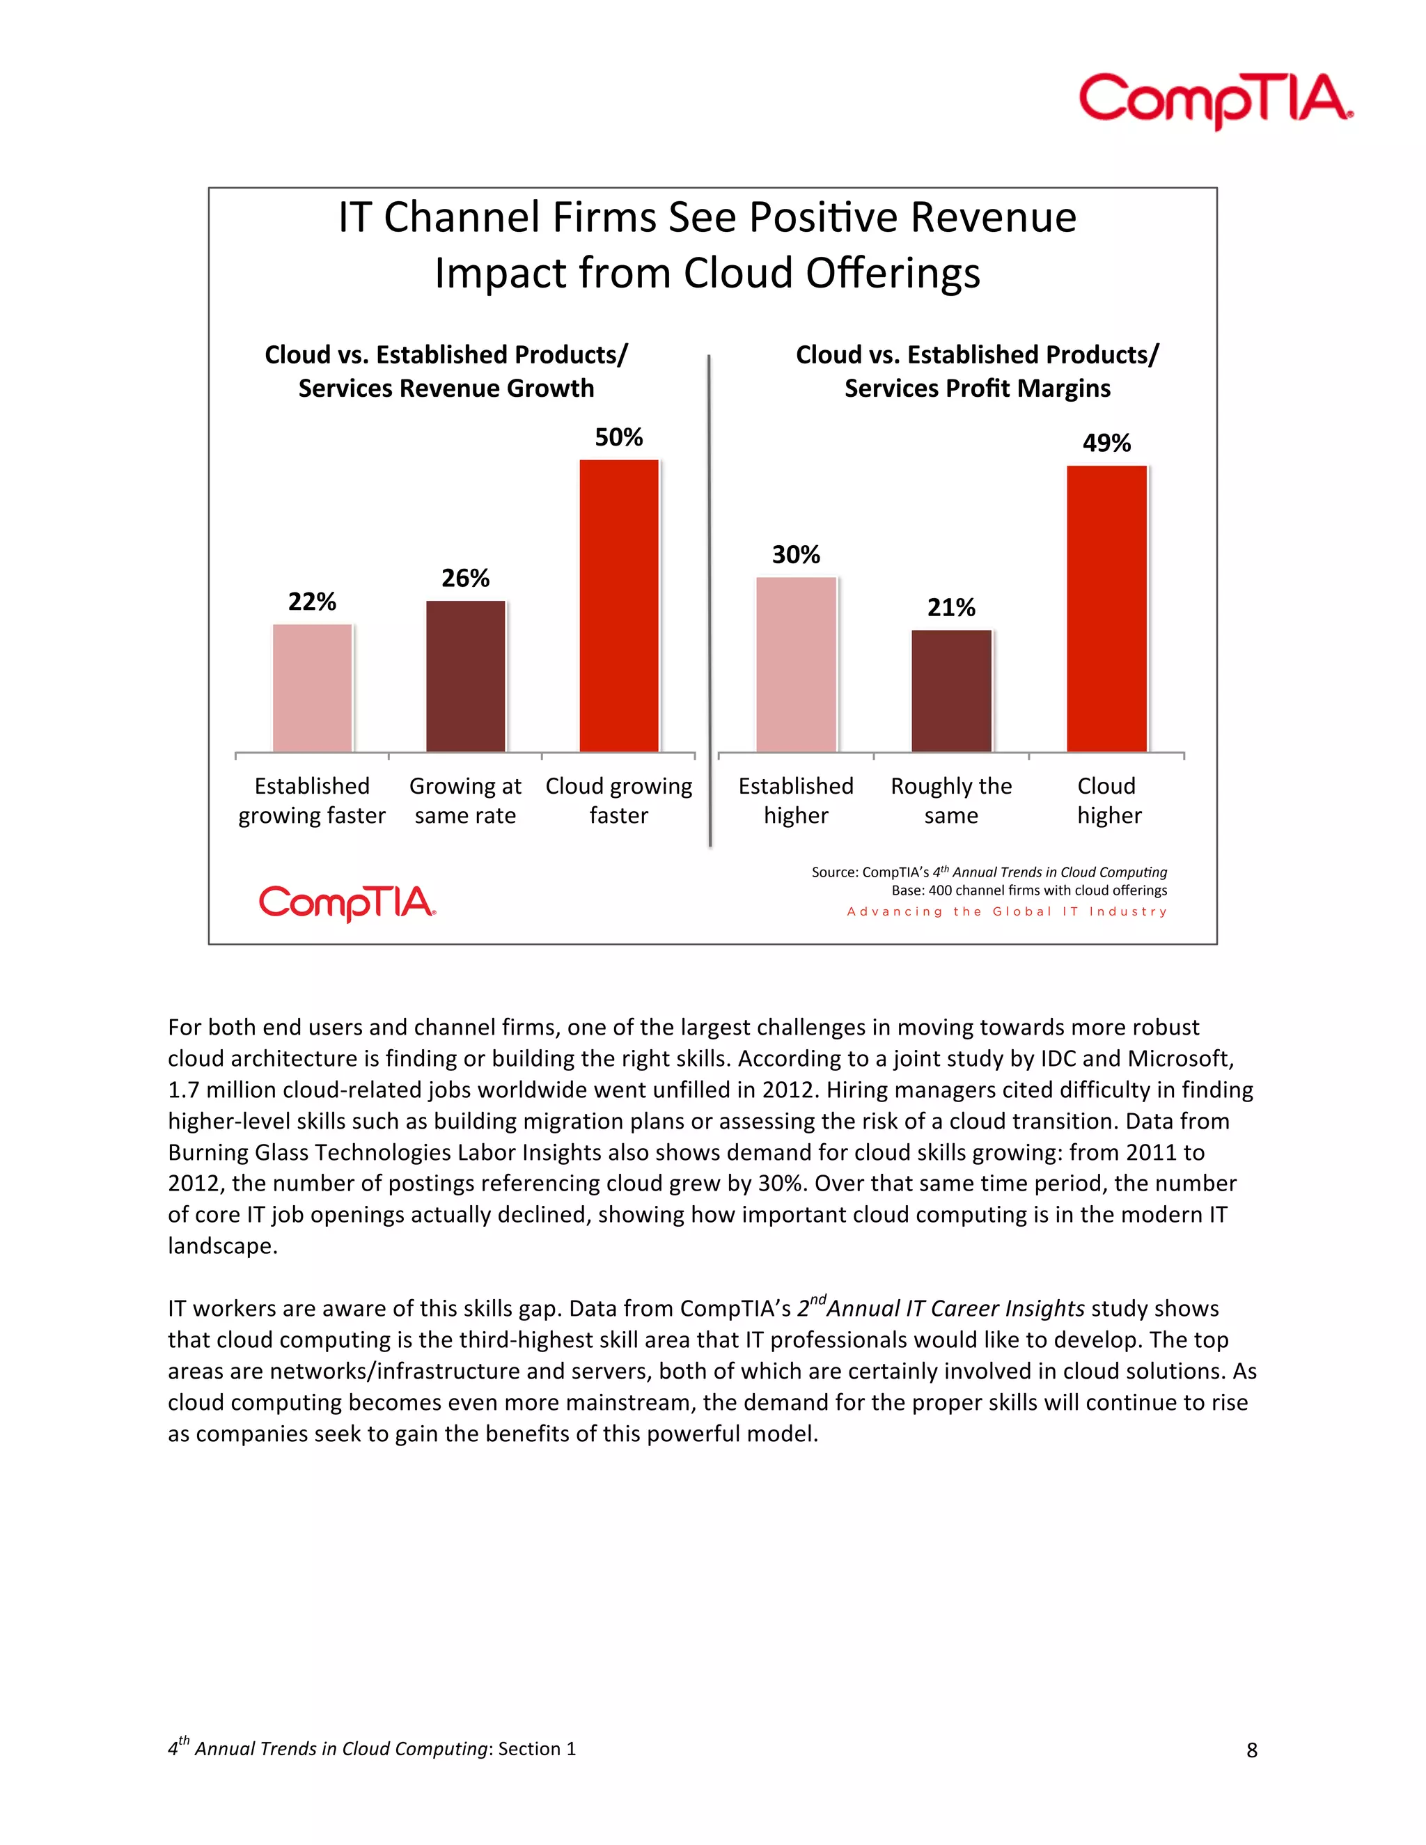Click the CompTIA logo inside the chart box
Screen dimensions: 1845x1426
[347, 903]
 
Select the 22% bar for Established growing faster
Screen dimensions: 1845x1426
[312, 688]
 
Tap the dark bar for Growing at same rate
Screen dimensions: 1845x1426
[466, 676]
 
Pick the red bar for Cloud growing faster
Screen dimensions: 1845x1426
[618, 606]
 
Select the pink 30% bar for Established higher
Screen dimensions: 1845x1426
[796, 664]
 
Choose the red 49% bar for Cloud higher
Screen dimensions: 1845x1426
[1106, 609]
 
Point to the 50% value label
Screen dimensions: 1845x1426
[618, 438]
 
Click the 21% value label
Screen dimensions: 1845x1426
[951, 607]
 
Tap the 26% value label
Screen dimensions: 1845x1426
[466, 579]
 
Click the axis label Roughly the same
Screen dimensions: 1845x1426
[951, 801]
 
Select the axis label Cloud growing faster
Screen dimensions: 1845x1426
[618, 801]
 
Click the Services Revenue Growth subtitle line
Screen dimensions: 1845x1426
[446, 388]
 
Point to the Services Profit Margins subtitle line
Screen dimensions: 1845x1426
[978, 388]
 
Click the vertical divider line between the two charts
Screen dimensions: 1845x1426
[710, 599]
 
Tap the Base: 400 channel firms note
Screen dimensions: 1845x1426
[1029, 890]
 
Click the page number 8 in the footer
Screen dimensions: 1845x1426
[1251, 1750]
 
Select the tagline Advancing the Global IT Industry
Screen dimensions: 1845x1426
[1007, 911]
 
